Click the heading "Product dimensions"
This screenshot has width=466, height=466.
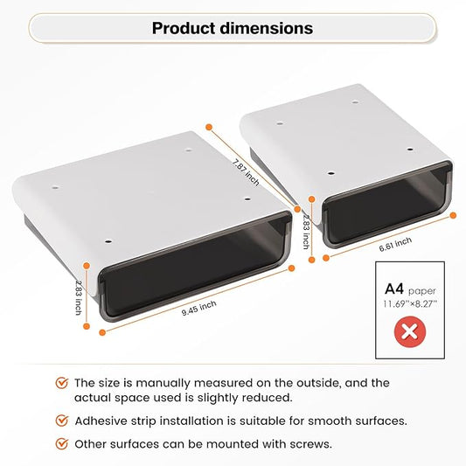tap(233, 28)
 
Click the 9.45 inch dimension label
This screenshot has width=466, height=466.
tap(199, 309)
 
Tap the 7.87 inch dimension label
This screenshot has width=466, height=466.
tap(246, 172)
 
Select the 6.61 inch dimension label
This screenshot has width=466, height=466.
tap(395, 244)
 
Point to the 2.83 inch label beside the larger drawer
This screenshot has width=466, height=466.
tap(79, 297)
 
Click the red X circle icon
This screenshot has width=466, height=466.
tap(410, 331)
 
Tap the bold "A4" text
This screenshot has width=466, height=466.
tap(394, 289)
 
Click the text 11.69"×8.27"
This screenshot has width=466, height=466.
tap(410, 304)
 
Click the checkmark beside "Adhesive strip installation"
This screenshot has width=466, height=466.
tap(62, 421)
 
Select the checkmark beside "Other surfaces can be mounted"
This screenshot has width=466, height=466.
tap(62, 444)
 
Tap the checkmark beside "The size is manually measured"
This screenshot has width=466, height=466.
tap(62, 383)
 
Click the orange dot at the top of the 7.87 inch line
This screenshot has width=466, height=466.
tap(209, 127)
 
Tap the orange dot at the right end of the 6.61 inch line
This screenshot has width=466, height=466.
tap(453, 215)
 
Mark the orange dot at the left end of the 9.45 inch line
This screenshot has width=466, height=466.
tap(102, 332)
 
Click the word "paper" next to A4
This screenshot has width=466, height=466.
tap(421, 291)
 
